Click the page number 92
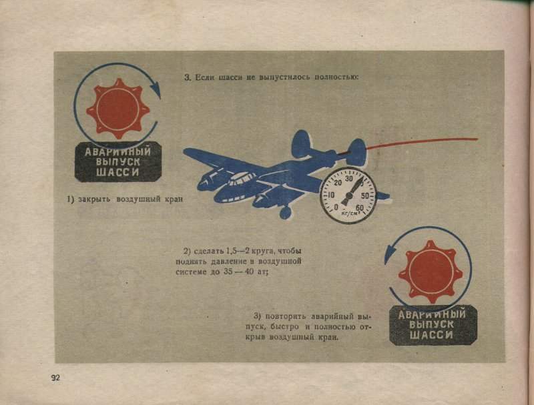click(55, 378)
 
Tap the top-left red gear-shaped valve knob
click(118, 109)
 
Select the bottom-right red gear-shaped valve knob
click(431, 272)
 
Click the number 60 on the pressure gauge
click(360, 208)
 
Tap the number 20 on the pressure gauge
click(338, 183)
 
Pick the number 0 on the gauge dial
click(336, 207)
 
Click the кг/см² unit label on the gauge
click(348, 214)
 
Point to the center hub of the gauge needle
click(348, 195)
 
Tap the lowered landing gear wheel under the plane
click(286, 213)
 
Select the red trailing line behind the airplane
click(422, 142)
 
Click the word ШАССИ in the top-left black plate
click(117, 172)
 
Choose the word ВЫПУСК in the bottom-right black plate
click(431, 324)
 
